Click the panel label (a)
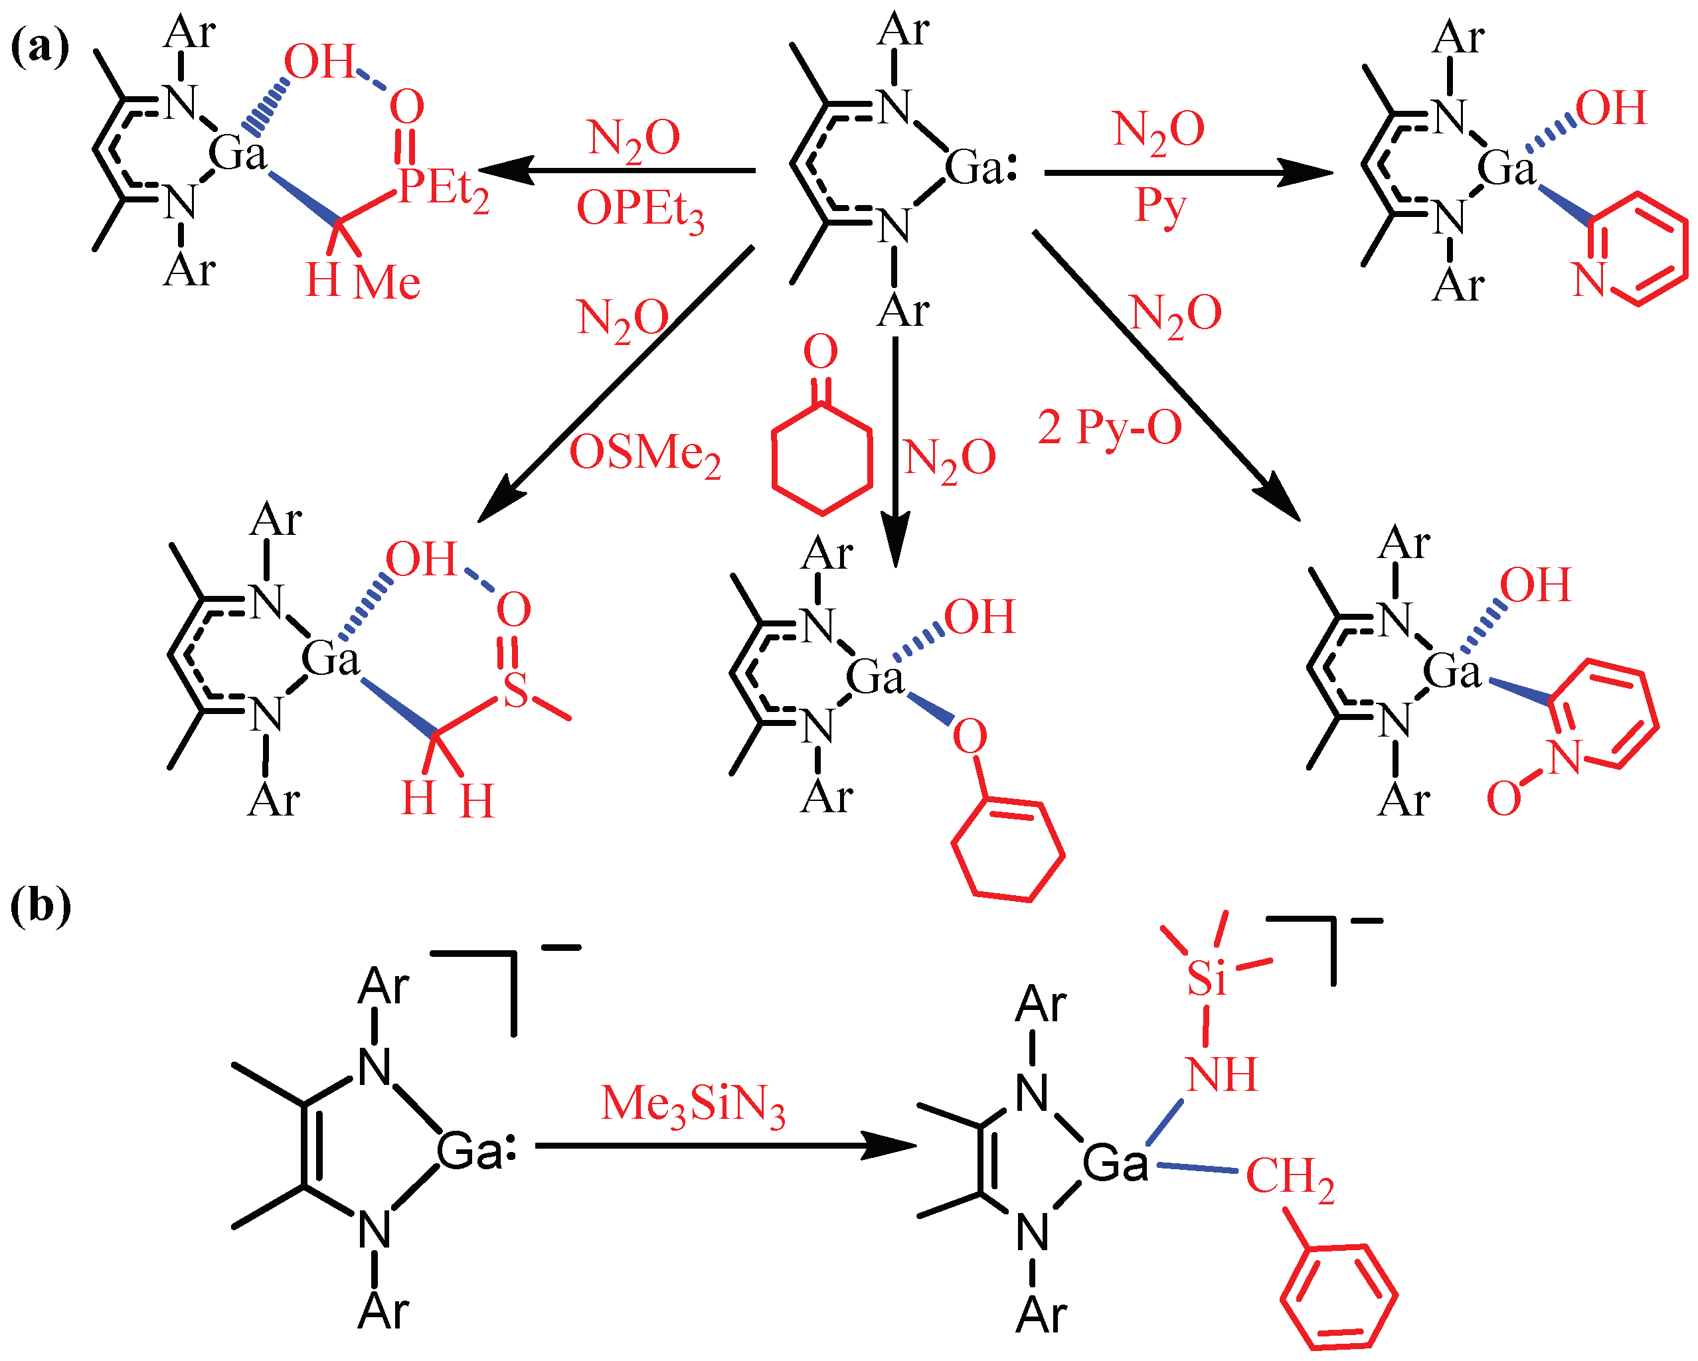39,47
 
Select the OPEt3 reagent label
639,211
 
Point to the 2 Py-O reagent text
1109,428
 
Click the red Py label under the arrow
1159,207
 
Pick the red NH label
1221,1075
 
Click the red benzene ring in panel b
1338,1297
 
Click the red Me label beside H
386,283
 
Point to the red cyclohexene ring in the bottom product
1007,850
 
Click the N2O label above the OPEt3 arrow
634,139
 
